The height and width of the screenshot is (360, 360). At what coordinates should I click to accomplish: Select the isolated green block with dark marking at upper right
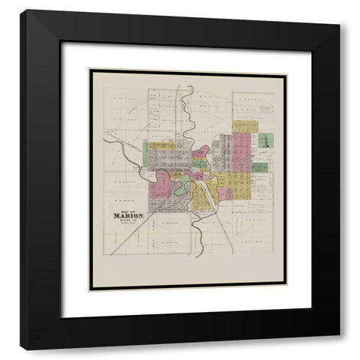pos(265,140)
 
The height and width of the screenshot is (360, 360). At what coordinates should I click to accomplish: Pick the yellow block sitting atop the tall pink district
pos(245,127)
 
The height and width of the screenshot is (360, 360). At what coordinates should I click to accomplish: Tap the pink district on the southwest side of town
pos(161,187)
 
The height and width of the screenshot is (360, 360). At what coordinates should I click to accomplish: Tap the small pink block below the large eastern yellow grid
pos(224,194)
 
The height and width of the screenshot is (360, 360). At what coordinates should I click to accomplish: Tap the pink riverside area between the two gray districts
pos(199,159)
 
